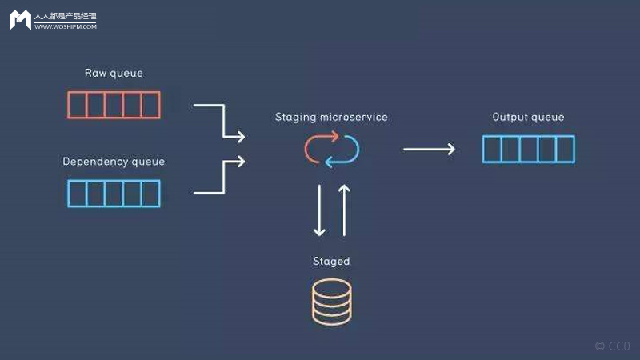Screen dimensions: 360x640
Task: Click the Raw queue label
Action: click(114, 73)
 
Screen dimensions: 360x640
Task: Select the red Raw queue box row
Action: click(114, 105)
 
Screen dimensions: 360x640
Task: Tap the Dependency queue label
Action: click(114, 162)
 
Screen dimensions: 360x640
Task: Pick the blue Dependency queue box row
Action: click(114, 194)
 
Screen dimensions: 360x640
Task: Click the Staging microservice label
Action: click(331, 117)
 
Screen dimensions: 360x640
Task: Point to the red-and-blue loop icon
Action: click(331, 150)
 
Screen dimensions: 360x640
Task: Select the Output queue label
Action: click(528, 117)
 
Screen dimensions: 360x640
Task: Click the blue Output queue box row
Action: click(528, 150)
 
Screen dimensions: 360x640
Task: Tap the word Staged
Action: click(331, 262)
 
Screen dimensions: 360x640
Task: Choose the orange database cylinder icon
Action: click(331, 301)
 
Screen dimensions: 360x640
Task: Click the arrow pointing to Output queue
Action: click(429, 149)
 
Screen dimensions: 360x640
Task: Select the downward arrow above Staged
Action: click(319, 210)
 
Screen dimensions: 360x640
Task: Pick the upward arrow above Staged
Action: click(344, 210)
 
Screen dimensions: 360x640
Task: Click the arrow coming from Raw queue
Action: click(220, 120)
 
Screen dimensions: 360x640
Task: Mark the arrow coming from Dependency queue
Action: click(220, 177)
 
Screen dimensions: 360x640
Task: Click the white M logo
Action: click(20, 20)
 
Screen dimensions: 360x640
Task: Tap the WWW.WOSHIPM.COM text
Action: click(65, 26)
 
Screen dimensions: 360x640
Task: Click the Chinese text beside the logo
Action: click(65, 16)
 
